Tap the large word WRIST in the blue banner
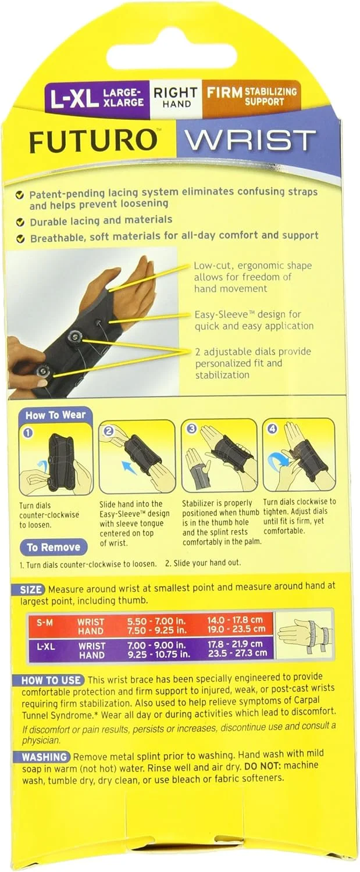pos(251,141)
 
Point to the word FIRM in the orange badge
pos(224,92)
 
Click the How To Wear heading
pos(55,414)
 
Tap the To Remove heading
pos(54,548)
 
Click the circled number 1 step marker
pos(28,433)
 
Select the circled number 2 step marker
pos(109,431)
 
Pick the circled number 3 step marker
pos(191,429)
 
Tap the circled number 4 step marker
pos(273,428)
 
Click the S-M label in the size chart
pos(45,623)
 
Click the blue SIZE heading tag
pos(31,590)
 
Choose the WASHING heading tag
pos(45,757)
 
